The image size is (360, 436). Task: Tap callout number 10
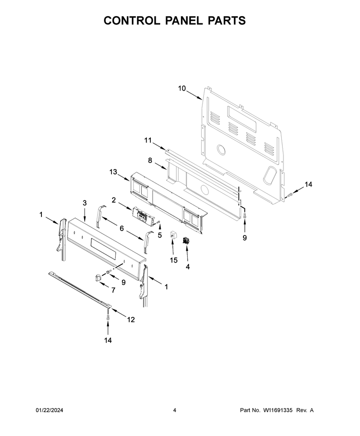182,89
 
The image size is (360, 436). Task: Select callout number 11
148,140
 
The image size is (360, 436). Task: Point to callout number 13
113,172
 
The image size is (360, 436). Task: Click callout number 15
174,260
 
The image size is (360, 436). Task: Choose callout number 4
188,267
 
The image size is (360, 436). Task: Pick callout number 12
131,320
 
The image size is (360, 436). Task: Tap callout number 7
113,290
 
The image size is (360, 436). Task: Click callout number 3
85,203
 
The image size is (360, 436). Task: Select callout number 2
113,200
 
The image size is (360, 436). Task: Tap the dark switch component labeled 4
185,240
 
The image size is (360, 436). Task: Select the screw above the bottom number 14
108,317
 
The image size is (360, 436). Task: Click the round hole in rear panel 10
221,149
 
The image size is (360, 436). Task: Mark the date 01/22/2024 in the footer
49,410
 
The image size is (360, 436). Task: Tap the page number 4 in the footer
175,410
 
